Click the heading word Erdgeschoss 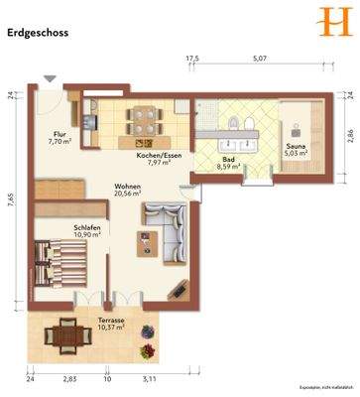tap(38, 32)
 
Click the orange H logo tap(326, 21)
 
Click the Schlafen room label tap(87, 227)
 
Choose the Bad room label tap(228, 160)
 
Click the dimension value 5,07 tap(260, 60)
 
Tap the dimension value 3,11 tap(150, 379)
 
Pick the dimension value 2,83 tap(69, 379)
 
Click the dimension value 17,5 tap(191, 60)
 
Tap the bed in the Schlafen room tap(61, 267)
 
